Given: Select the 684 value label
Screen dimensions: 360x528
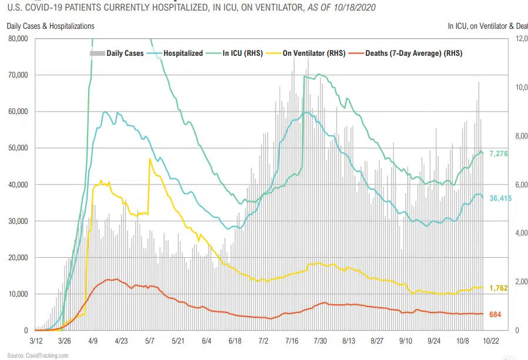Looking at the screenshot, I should click(x=495, y=315).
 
